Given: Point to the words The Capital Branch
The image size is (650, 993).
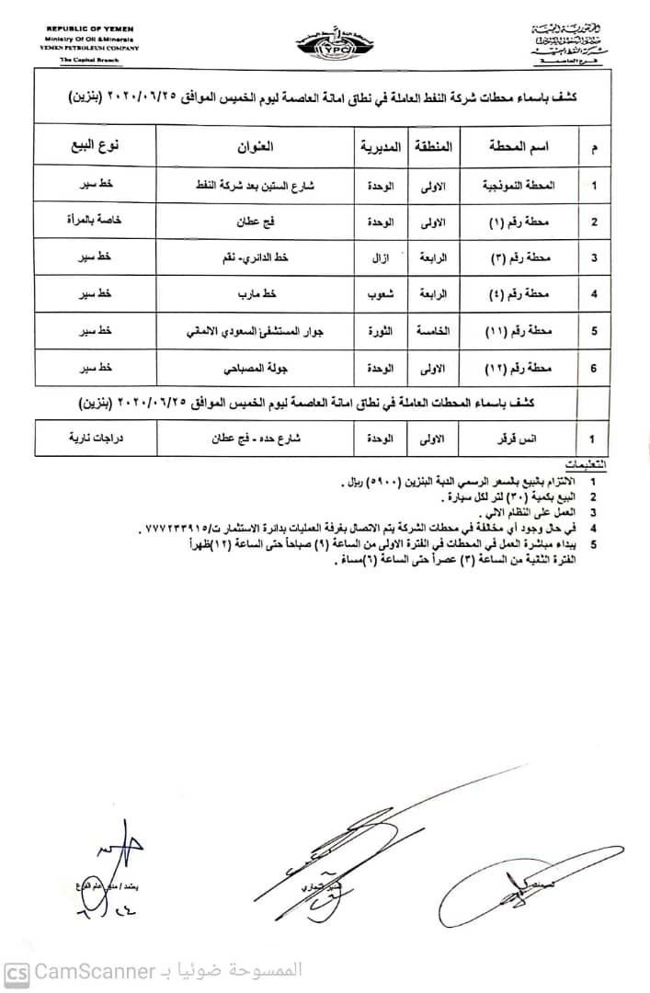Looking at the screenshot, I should (x=84, y=59).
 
